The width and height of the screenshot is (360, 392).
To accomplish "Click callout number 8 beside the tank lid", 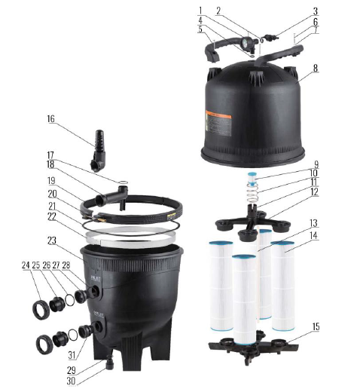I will pos(316,68).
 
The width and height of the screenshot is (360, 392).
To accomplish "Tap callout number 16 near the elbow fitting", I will pos(50,118).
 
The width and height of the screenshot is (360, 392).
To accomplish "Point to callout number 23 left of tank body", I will pos(50,241).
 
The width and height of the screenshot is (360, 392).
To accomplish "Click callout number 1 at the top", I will pos(201,10).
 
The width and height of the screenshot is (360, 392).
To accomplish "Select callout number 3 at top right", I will pos(316,11).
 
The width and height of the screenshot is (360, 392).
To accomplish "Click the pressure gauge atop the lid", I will pos(247,44).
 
